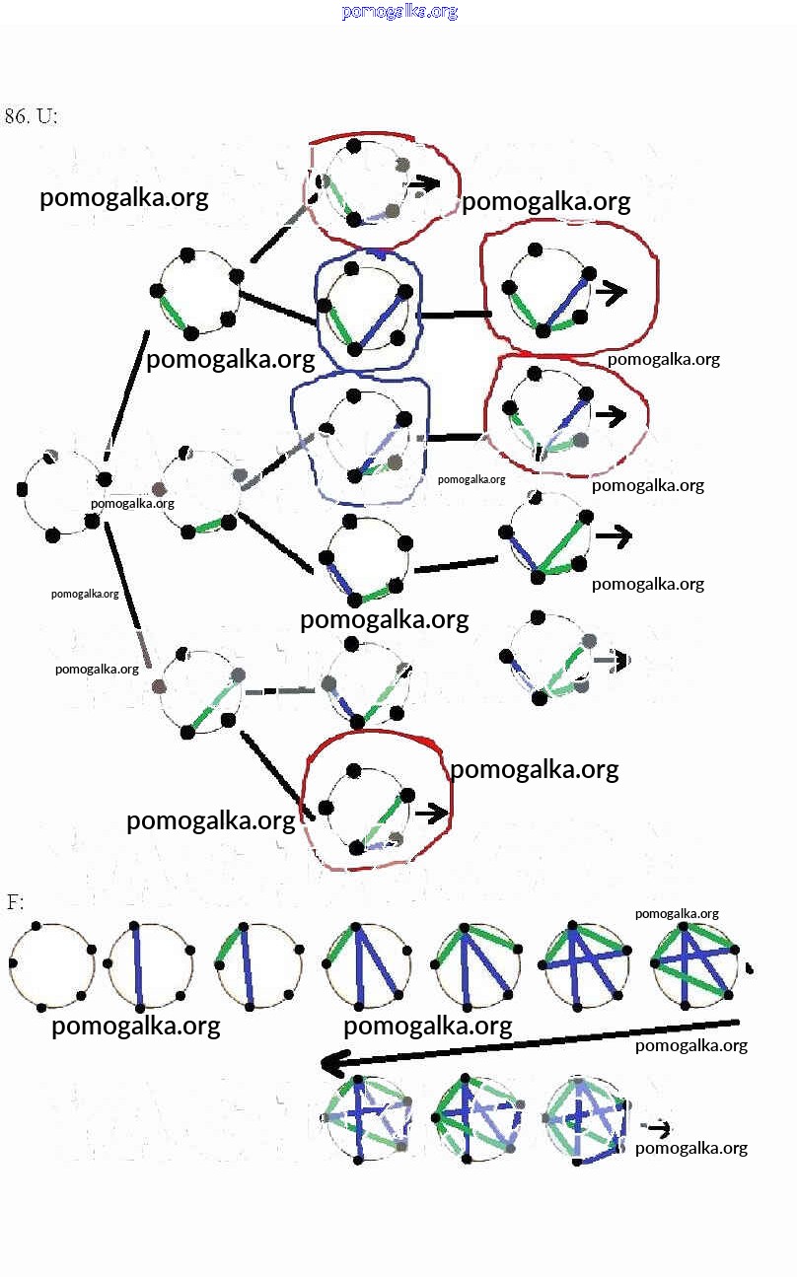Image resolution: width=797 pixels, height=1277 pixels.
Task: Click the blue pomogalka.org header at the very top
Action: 399,12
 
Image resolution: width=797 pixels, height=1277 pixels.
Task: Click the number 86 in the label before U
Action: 16,116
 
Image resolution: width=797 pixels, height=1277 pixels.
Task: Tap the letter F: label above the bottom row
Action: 15,902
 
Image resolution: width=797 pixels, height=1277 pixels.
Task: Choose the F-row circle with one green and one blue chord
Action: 255,964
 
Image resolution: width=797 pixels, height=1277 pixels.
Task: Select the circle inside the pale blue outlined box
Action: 361,434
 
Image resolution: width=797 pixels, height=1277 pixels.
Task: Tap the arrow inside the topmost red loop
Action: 425,183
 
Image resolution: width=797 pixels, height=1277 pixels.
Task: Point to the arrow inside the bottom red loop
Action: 431,814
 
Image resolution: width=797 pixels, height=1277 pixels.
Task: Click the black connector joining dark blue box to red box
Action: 453,315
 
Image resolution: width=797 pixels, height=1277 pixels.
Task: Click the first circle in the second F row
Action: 366,1117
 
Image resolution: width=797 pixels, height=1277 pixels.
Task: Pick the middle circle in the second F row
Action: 475,1117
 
